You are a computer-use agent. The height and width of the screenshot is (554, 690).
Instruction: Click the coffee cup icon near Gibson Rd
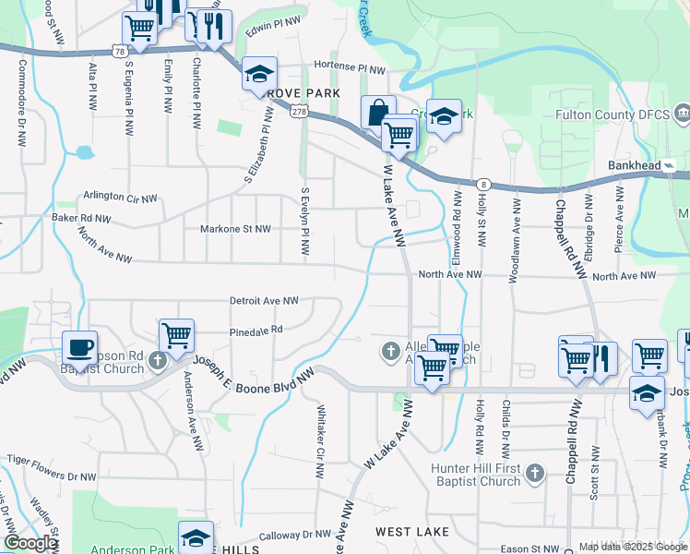tap(80, 348)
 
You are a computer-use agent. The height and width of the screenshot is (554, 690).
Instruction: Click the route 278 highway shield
tap(299, 111)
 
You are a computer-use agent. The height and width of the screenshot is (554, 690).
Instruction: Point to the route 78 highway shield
tap(120, 51)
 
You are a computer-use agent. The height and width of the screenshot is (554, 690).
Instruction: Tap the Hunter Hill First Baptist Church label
tap(476, 475)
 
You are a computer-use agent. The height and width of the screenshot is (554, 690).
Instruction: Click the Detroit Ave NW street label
tap(264, 301)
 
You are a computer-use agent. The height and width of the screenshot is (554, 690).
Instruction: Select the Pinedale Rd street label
tap(256, 329)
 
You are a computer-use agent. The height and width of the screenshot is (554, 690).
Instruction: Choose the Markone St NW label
tap(236, 228)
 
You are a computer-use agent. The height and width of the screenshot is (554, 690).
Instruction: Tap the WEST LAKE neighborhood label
tap(412, 533)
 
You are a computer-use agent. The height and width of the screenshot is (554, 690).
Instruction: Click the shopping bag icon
tap(378, 112)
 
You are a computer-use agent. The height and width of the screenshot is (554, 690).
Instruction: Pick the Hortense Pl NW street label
tap(350, 68)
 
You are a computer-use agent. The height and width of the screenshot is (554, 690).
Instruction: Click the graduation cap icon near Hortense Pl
tap(260, 74)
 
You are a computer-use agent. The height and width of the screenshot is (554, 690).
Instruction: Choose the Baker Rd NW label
tap(81, 219)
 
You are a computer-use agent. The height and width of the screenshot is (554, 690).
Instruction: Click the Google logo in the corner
tap(30, 543)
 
